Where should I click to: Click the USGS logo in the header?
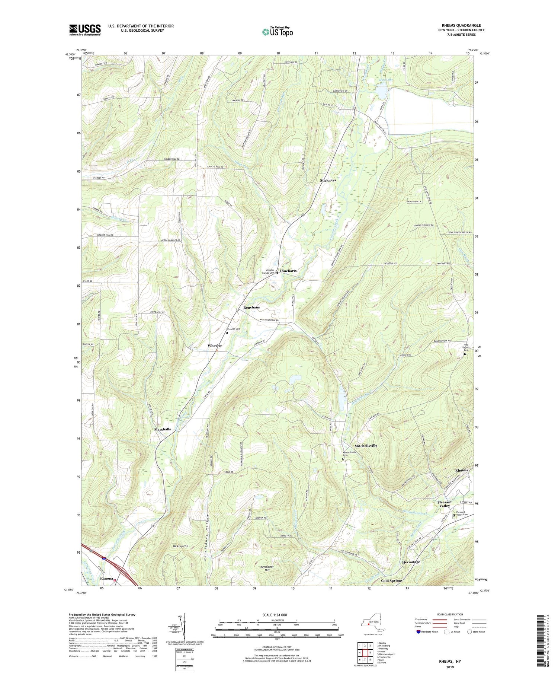click(x=85, y=30)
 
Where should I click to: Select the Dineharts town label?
click(x=288, y=271)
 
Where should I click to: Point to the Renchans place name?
click(x=251, y=308)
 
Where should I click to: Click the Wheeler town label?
click(x=215, y=346)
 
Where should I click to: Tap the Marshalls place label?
click(x=163, y=429)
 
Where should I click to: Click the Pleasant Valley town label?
click(x=444, y=504)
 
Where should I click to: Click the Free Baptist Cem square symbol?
click(x=465, y=354)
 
